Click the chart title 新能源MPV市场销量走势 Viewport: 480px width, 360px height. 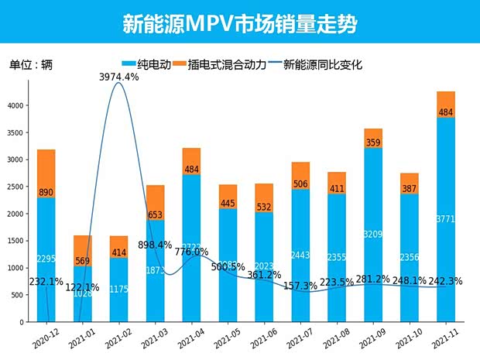pyautogui.click(x=239, y=22)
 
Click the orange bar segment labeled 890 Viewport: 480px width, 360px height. pyautogui.click(x=46, y=173)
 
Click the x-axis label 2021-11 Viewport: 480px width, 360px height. pyautogui.click(x=443, y=338)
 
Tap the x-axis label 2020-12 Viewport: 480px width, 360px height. pyautogui.click(x=43, y=338)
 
